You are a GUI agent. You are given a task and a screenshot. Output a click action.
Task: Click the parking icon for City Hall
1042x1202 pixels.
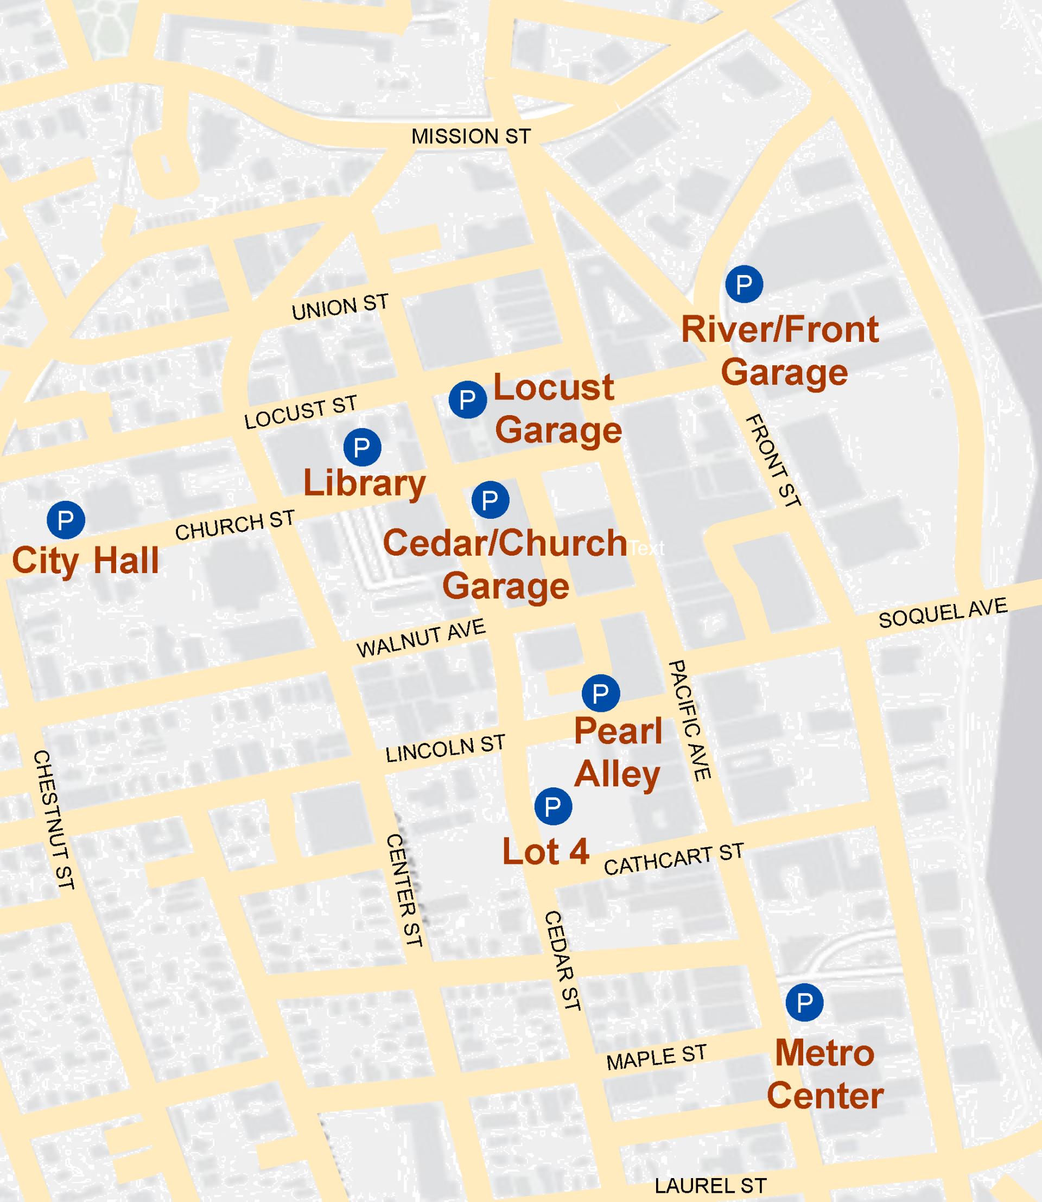point(66,519)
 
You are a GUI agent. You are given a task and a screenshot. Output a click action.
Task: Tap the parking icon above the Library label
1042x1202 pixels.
point(363,447)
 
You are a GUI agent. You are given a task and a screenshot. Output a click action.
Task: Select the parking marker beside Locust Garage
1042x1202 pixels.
point(468,399)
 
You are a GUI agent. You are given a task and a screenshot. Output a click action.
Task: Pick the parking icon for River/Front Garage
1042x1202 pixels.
point(744,284)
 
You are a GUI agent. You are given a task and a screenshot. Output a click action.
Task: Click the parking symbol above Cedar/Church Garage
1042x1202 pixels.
point(490,500)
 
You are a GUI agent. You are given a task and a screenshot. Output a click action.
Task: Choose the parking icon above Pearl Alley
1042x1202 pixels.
point(601,693)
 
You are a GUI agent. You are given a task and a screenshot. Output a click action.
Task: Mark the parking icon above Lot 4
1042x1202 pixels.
point(553,806)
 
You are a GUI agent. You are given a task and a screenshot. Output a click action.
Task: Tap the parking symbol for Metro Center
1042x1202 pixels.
point(805,1002)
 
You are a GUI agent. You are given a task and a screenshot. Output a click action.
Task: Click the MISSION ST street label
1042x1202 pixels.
point(471,137)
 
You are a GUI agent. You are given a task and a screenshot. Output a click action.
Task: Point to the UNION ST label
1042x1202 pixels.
point(340,307)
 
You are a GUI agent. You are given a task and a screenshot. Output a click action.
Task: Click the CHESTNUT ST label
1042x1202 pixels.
point(54,819)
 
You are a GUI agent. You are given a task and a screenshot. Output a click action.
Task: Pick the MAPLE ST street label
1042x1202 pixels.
point(657,1057)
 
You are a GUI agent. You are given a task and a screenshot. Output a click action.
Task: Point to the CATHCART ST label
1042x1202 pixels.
point(674,860)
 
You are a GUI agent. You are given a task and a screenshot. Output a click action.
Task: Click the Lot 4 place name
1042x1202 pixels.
point(545,852)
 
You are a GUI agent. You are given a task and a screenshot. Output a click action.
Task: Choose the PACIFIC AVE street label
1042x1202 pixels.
point(689,720)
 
